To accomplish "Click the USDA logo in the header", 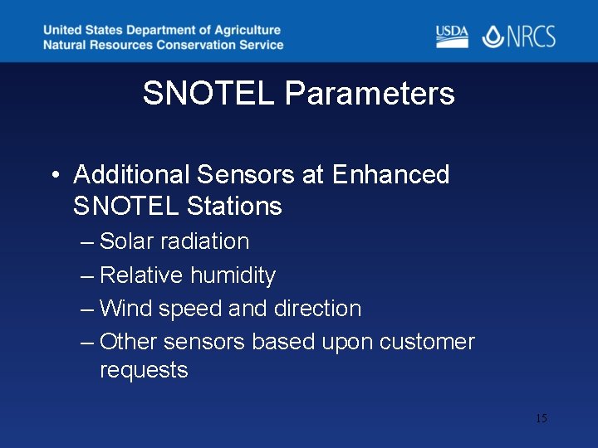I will [452, 37].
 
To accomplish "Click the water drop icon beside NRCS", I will [493, 37].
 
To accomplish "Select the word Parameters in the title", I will [370, 94].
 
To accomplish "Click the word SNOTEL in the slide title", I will [208, 94].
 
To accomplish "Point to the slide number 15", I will [541, 418].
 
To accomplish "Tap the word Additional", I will [132, 175].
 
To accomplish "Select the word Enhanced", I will [390, 175].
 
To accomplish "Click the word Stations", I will [235, 206].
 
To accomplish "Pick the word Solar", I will [126, 241].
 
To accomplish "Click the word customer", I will [427, 343].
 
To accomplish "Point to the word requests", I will [144, 370].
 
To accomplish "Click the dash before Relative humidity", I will [87, 275].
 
